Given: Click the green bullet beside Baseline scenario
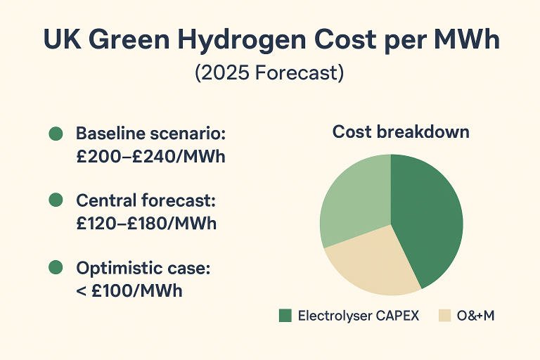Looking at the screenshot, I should tap(55, 134).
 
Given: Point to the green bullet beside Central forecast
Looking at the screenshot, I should tap(55, 201).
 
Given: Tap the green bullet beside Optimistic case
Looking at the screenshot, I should tap(55, 267).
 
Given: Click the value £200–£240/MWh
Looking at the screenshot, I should tap(150, 157).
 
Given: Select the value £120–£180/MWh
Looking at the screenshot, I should tap(146, 224).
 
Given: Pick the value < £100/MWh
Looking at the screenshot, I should tap(129, 290).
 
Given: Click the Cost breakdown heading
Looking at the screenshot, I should tap(401, 132).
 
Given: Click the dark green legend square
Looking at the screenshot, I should tap(285, 316).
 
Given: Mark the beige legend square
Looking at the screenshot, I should tap(444, 316).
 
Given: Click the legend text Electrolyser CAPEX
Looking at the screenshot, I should tap(358, 316).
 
